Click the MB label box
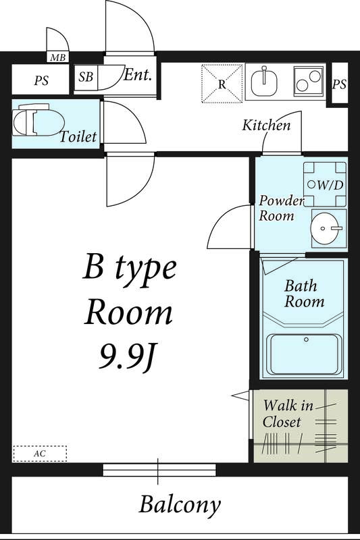coord(57,57)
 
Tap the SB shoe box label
coord(86,76)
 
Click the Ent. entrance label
coord(138,75)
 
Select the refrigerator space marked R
coord(222,83)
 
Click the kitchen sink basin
coord(264,82)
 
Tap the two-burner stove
coord(309,81)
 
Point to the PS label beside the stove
coord(339,84)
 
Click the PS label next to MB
coord(41,80)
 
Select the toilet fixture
coord(38,120)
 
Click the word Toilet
coord(78,137)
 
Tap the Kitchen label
coord(266,125)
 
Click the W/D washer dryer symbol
coord(325,184)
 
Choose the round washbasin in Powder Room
coord(324,228)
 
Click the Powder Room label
coord(281,208)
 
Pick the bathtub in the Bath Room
coord(305,354)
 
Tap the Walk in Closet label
coord(288,413)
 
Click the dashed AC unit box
coord(40,454)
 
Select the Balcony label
coord(180,504)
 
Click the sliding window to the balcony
coord(159,470)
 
